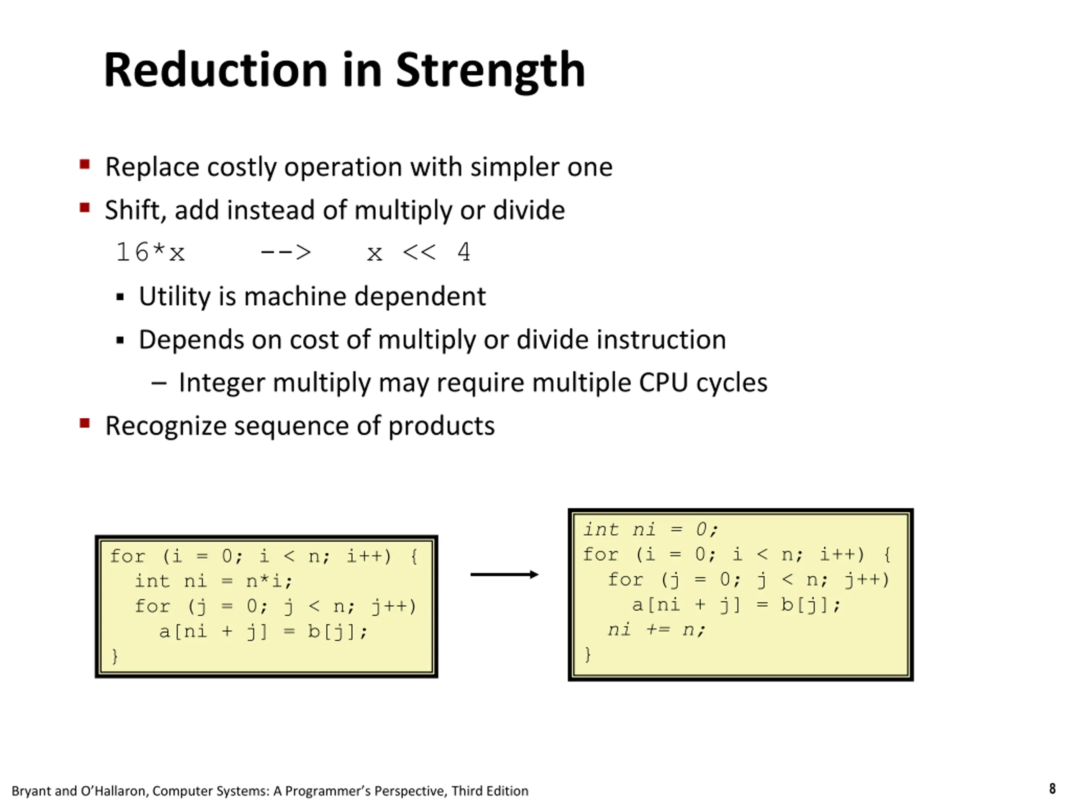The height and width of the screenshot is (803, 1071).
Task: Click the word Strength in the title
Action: point(490,70)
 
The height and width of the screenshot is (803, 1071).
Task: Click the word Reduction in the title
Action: point(215,70)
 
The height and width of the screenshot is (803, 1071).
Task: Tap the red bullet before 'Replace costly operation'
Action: point(85,164)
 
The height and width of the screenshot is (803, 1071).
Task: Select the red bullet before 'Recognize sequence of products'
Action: point(85,424)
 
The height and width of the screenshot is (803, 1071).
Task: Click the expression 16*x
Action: point(150,252)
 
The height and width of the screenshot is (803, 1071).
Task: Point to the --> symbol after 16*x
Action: point(286,252)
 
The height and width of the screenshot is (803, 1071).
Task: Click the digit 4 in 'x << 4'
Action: point(464,252)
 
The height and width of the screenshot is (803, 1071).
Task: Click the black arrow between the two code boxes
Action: point(504,575)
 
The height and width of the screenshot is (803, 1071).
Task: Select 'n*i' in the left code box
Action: point(269,581)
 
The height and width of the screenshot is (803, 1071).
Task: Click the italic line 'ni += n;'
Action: point(656,630)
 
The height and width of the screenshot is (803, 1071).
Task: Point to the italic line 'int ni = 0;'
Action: point(650,529)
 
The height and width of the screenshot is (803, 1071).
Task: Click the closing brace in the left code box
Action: point(115,656)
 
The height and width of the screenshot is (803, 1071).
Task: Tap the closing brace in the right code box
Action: point(588,655)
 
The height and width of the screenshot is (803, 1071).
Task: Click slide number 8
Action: point(1052,788)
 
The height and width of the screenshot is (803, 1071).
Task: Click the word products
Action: point(441,426)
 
